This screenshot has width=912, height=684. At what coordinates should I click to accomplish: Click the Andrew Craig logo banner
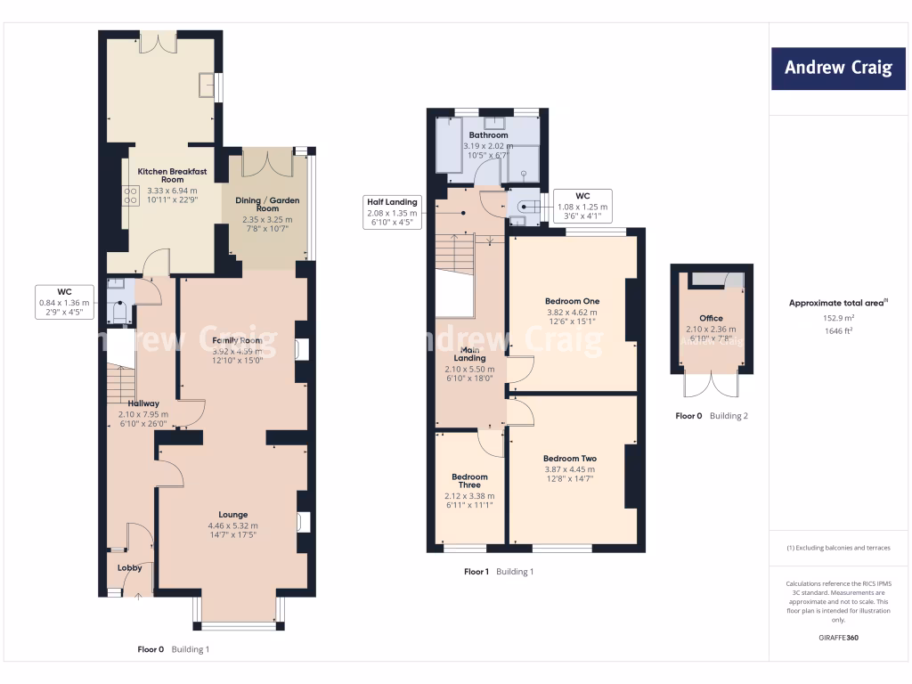(x=838, y=68)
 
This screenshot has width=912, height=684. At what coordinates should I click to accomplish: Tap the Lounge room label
(x=233, y=514)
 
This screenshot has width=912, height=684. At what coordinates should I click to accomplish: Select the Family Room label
(x=237, y=340)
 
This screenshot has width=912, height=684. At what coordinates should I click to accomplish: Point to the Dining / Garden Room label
(x=268, y=204)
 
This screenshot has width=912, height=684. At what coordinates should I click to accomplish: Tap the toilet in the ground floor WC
(x=118, y=313)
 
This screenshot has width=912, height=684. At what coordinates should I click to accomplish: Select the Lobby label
(x=130, y=567)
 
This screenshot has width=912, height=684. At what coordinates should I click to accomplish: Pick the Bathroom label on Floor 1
(x=488, y=135)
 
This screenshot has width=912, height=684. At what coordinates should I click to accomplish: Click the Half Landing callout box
(x=392, y=212)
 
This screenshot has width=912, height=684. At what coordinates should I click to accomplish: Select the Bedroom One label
(x=572, y=300)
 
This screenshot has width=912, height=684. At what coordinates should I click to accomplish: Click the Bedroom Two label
(x=570, y=458)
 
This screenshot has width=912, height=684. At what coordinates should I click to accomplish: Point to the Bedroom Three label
(x=469, y=481)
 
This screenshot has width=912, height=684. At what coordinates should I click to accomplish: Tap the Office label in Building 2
(x=711, y=318)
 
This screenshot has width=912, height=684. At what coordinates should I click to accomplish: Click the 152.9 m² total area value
(x=837, y=317)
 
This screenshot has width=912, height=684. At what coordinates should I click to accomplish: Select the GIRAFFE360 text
(x=837, y=638)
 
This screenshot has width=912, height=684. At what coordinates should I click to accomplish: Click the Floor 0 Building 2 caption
(x=711, y=416)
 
